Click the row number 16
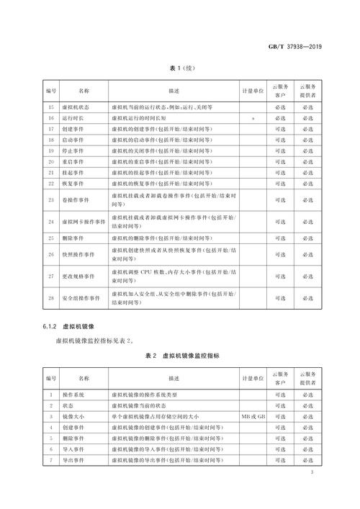click(x=50, y=117)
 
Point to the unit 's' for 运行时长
click(x=254, y=117)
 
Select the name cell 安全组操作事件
click(x=78, y=297)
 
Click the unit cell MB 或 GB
click(x=254, y=415)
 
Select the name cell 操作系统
click(x=72, y=395)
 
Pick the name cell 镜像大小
click(x=72, y=415)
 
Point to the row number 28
click(x=50, y=297)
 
